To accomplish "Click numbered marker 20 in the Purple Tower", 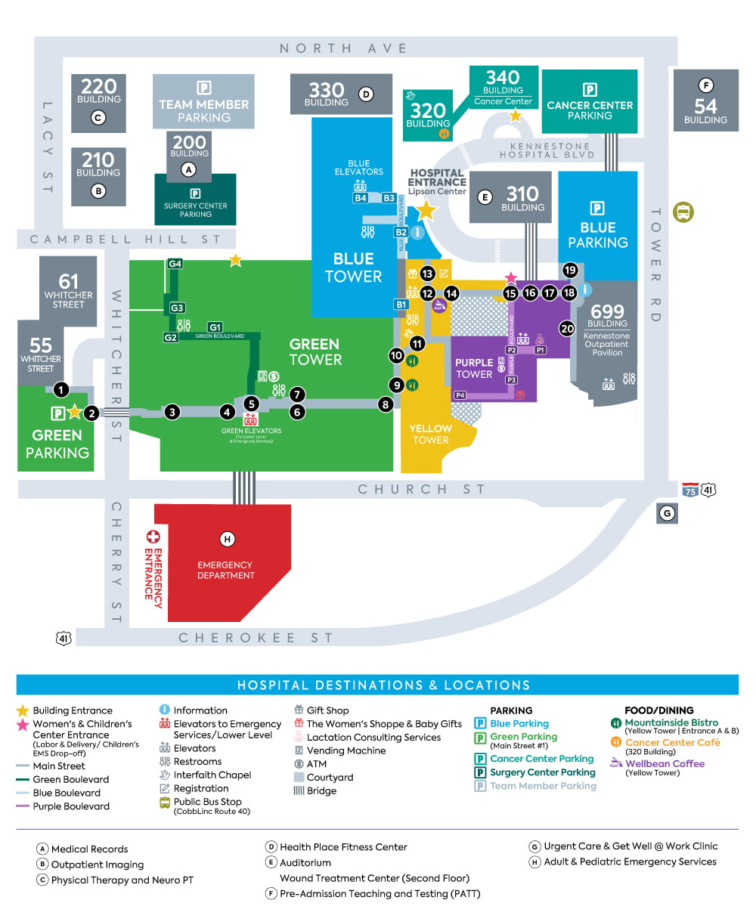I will point(567,328).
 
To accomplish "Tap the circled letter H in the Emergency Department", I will point(226,539).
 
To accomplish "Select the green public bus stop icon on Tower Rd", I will point(683,212).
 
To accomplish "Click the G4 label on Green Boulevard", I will point(175,264).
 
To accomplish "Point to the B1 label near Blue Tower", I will point(401,305).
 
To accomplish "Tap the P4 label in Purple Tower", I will point(460,395).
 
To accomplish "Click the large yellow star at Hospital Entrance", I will point(426,210).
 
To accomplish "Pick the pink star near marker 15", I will point(511,278).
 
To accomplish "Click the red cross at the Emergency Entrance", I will point(153,537).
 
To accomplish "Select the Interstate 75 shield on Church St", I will point(689,490).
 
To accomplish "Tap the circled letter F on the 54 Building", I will point(705,85).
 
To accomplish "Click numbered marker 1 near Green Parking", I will point(61,390).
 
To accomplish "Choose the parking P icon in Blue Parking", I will point(597,209).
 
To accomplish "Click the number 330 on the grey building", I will point(327,90).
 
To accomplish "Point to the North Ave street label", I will point(343,48).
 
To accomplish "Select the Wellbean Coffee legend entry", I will point(665,763).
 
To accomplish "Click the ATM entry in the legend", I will point(316,764).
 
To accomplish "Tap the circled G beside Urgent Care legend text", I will point(534,846).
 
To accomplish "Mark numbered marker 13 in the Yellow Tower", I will point(427,274).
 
